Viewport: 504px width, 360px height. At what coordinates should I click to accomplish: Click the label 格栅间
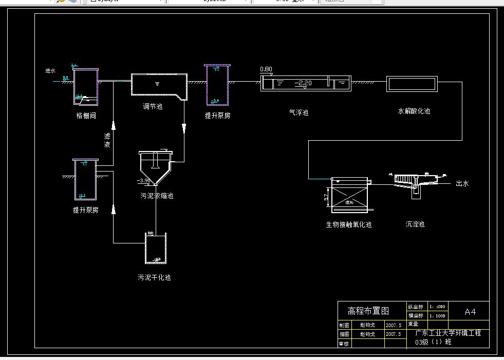(x=86, y=116)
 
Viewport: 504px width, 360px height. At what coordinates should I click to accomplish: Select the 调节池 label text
(x=153, y=107)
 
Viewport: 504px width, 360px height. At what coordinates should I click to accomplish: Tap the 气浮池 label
(x=298, y=112)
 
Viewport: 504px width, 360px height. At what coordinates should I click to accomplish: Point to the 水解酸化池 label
(x=414, y=111)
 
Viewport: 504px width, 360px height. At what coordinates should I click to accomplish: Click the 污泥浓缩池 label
(x=157, y=196)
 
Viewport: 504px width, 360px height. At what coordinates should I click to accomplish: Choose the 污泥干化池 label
(x=154, y=277)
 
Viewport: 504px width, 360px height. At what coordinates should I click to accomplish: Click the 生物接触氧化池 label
(x=349, y=224)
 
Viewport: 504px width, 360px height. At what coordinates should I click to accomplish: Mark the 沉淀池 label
(x=415, y=224)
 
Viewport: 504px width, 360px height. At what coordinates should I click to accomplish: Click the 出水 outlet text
(x=462, y=183)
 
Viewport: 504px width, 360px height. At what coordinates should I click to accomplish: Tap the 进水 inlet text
(x=50, y=71)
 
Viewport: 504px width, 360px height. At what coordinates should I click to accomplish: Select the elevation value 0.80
(x=266, y=69)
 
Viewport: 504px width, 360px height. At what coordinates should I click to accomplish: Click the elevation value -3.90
(x=144, y=181)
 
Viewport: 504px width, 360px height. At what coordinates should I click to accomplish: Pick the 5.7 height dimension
(x=326, y=197)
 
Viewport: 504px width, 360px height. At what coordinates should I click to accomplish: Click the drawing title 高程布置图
(x=368, y=311)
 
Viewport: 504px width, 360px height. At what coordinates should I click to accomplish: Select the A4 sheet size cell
(x=470, y=311)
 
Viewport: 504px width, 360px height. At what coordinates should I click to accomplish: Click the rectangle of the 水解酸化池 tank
(x=412, y=84)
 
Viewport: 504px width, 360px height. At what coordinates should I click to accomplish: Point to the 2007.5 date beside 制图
(x=393, y=325)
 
